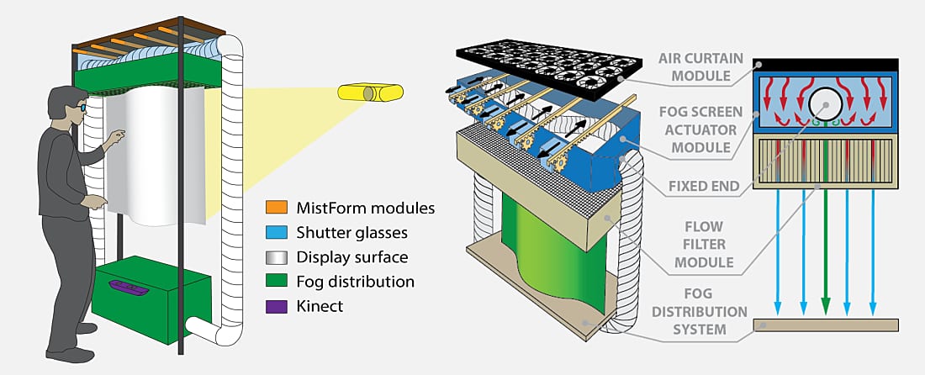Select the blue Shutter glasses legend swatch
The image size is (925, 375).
[278, 232]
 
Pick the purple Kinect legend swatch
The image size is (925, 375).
[278, 307]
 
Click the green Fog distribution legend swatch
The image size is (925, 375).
[278, 282]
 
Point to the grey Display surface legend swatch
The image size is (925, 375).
[278, 256]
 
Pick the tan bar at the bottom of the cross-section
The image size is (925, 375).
[825, 325]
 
